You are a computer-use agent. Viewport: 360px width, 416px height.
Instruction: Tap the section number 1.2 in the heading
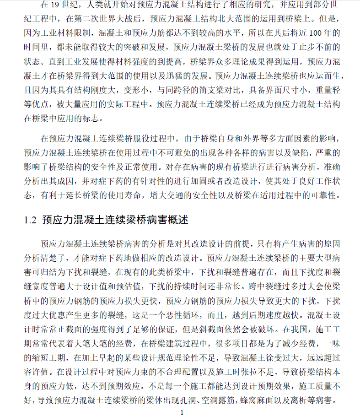click(x=30, y=221)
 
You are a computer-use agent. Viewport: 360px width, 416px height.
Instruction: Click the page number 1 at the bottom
click(x=182, y=412)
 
